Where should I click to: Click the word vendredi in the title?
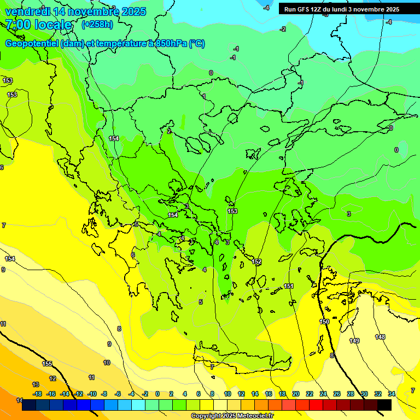click(x=27, y=11)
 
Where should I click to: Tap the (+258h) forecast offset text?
click(x=97, y=24)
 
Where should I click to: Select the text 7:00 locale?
click(x=38, y=25)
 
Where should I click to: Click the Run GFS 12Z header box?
click(x=342, y=9)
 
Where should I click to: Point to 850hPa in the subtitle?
click(x=171, y=44)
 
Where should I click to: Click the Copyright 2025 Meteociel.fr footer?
click(x=232, y=416)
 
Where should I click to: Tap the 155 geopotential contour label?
click(x=48, y=364)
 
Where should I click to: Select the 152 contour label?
click(x=256, y=262)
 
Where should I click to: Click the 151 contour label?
click(x=289, y=287)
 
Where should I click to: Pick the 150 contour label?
click(x=324, y=322)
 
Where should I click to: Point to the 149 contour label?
click(x=354, y=341)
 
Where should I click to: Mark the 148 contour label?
click(x=380, y=337)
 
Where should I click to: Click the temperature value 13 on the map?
click(x=36, y=384)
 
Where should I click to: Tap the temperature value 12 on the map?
click(x=52, y=378)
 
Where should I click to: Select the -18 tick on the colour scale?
click(x=37, y=394)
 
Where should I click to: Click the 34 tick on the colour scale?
click(x=392, y=394)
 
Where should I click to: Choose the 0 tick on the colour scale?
click(x=157, y=394)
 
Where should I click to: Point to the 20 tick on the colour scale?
click(x=295, y=394)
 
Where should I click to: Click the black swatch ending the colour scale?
click(x=384, y=405)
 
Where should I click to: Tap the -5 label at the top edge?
click(x=325, y=15)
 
